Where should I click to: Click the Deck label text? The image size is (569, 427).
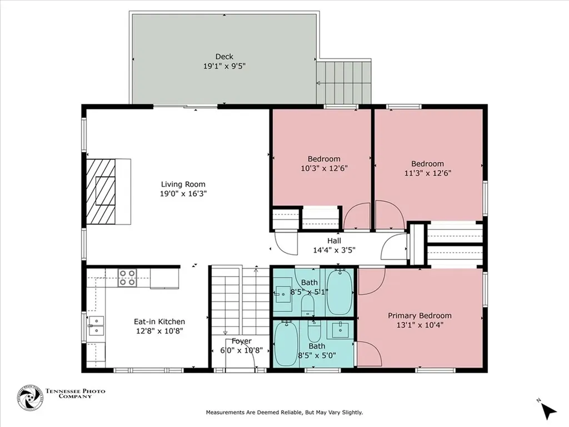(224, 56)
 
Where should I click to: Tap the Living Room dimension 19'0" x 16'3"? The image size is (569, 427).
(183, 194)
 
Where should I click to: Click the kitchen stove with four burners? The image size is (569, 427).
(127, 277)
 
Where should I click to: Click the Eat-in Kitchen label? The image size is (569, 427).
(159, 321)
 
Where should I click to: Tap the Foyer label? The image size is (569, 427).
(241, 341)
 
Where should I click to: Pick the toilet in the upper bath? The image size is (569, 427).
(308, 304)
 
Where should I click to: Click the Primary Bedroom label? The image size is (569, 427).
(420, 315)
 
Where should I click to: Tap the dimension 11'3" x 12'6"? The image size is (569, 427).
(427, 173)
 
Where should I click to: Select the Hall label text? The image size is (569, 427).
(334, 240)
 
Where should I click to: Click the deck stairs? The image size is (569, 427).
(343, 82)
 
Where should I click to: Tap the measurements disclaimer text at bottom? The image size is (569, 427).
(284, 413)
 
